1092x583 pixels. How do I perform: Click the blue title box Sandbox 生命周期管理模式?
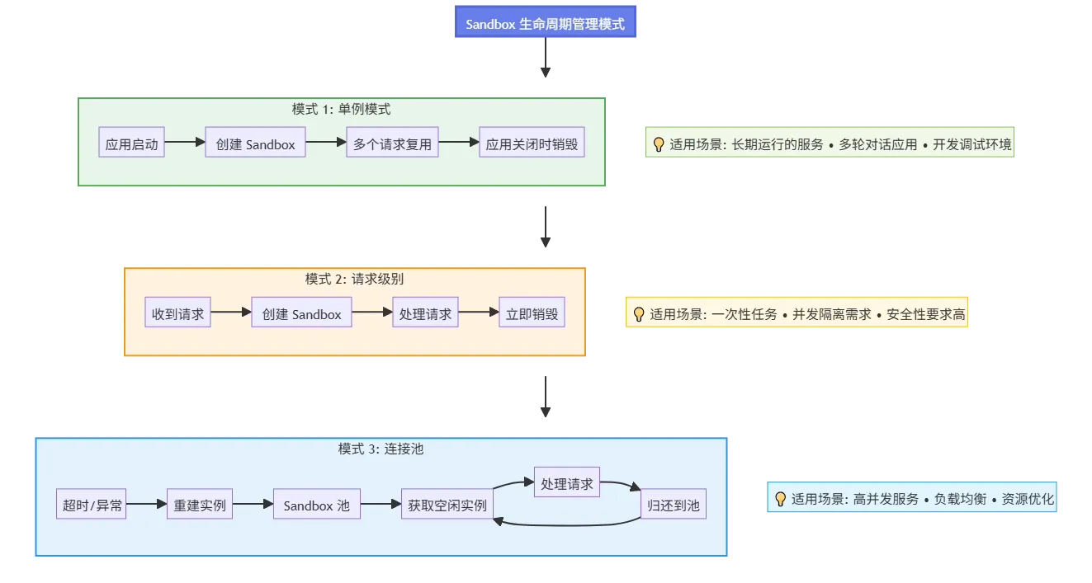(545, 22)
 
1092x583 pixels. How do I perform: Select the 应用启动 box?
(131, 142)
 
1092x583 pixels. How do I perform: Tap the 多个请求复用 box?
(392, 142)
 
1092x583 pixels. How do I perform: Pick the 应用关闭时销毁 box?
(532, 142)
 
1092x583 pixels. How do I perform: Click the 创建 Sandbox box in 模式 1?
(255, 142)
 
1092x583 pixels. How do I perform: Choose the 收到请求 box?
(178, 313)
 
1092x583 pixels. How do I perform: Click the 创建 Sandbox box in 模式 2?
(302, 313)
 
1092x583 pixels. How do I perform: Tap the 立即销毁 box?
(532, 313)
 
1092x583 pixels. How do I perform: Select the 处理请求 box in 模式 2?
(426, 313)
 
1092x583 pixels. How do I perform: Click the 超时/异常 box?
(91, 504)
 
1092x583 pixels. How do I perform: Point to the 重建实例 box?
(200, 504)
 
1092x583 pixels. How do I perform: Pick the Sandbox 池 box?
(317, 504)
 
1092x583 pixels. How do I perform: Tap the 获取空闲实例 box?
(447, 504)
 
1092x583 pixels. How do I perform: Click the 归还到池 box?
(674, 504)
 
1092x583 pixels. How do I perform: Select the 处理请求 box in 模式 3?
(567, 482)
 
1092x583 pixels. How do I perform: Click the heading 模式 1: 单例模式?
(341, 109)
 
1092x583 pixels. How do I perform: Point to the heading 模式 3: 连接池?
(381, 449)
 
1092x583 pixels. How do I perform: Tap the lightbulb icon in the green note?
(658, 144)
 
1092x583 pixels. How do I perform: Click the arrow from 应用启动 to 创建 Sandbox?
(185, 142)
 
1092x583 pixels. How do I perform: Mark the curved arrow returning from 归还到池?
(567, 525)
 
